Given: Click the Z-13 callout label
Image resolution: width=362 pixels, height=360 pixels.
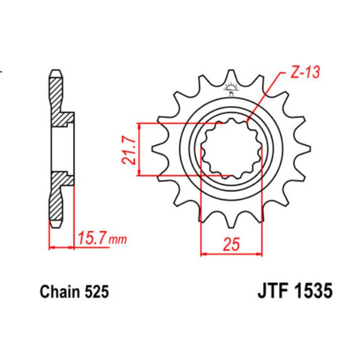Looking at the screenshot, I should point(305,73).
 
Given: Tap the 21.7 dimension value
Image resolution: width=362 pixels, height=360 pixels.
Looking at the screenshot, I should point(129,150).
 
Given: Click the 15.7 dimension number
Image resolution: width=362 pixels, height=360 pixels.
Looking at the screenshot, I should point(94,238).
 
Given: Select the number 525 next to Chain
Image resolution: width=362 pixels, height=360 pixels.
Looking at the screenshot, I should point(96,293).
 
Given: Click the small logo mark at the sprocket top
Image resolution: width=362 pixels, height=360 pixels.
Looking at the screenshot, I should point(232,87).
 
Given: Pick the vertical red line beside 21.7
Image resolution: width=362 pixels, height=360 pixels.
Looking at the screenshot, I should point(138,150).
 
